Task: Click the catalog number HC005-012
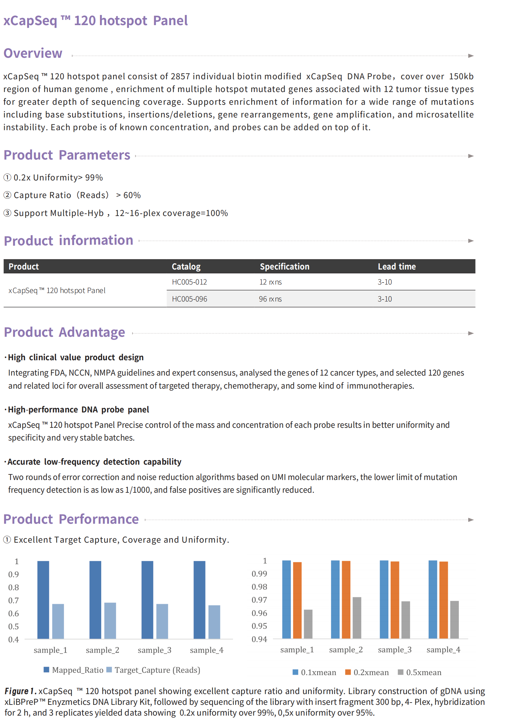point(189,282)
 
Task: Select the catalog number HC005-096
point(189,299)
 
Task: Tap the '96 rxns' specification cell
point(270,299)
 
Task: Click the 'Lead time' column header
point(397,267)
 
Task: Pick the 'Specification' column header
point(284,267)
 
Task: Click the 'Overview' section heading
point(33,53)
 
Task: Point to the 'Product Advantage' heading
point(64,332)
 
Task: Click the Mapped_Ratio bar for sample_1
point(43,600)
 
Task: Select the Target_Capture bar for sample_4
point(214,622)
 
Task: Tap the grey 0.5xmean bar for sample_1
point(308,624)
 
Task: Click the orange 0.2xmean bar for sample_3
point(395,600)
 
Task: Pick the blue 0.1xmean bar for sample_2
point(335,599)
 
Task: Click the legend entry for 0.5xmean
point(420,672)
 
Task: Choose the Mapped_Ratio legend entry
point(73,670)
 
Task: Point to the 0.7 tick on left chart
point(14,600)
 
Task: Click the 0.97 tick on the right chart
point(259,600)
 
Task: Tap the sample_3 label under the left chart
point(154,650)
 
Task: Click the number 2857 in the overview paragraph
point(180,76)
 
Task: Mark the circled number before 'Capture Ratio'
point(7,195)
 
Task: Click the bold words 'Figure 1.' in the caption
point(20,691)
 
